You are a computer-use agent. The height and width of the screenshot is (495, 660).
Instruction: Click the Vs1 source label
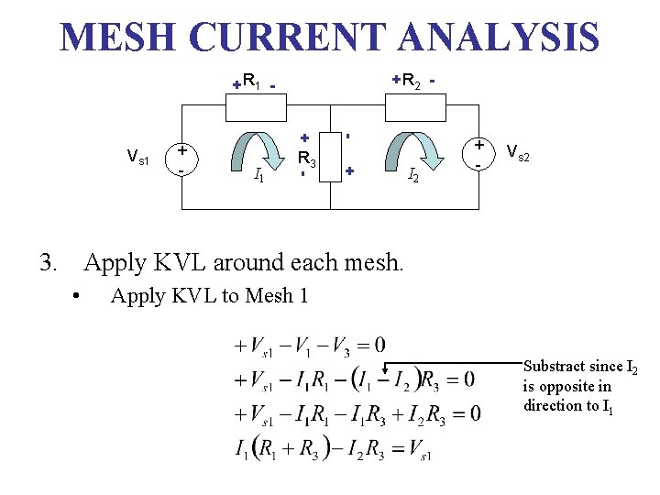138,152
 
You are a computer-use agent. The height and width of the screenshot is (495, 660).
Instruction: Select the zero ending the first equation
379,346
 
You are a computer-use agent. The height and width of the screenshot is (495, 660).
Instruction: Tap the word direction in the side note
551,405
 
